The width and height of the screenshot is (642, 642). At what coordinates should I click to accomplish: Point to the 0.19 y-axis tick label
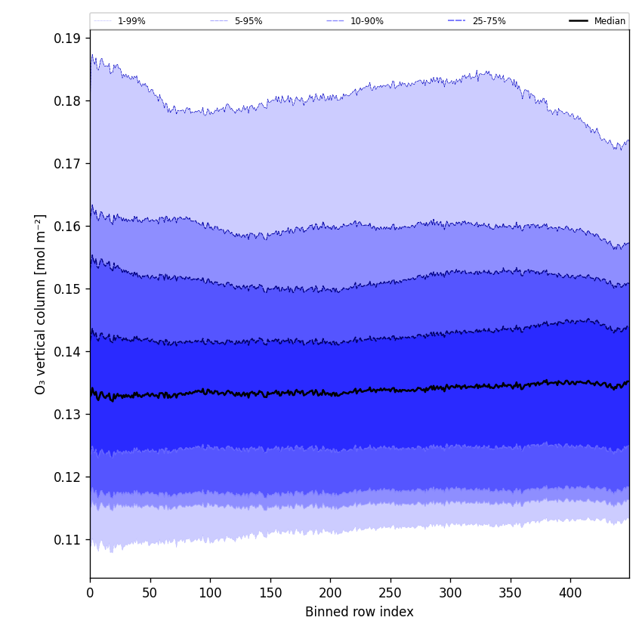(68, 38)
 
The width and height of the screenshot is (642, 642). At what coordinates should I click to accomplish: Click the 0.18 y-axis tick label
(68, 100)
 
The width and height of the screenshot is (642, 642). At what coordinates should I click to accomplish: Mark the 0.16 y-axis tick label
(68, 226)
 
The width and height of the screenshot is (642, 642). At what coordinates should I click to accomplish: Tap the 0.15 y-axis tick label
(68, 289)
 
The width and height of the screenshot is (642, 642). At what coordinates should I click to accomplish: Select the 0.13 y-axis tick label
(68, 414)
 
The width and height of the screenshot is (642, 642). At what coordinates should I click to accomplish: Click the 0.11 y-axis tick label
(68, 539)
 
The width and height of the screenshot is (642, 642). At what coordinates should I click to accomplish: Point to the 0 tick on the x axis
(90, 593)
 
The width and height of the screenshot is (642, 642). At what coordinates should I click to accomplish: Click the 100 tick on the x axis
(210, 593)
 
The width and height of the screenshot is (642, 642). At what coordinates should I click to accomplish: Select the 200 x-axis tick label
(330, 593)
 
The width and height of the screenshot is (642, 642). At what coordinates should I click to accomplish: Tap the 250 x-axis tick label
(390, 593)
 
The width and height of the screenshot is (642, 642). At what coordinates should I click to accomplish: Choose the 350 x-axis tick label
(511, 593)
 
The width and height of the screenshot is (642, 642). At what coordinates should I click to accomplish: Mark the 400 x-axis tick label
(570, 593)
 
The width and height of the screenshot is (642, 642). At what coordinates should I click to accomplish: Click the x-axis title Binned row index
(360, 612)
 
